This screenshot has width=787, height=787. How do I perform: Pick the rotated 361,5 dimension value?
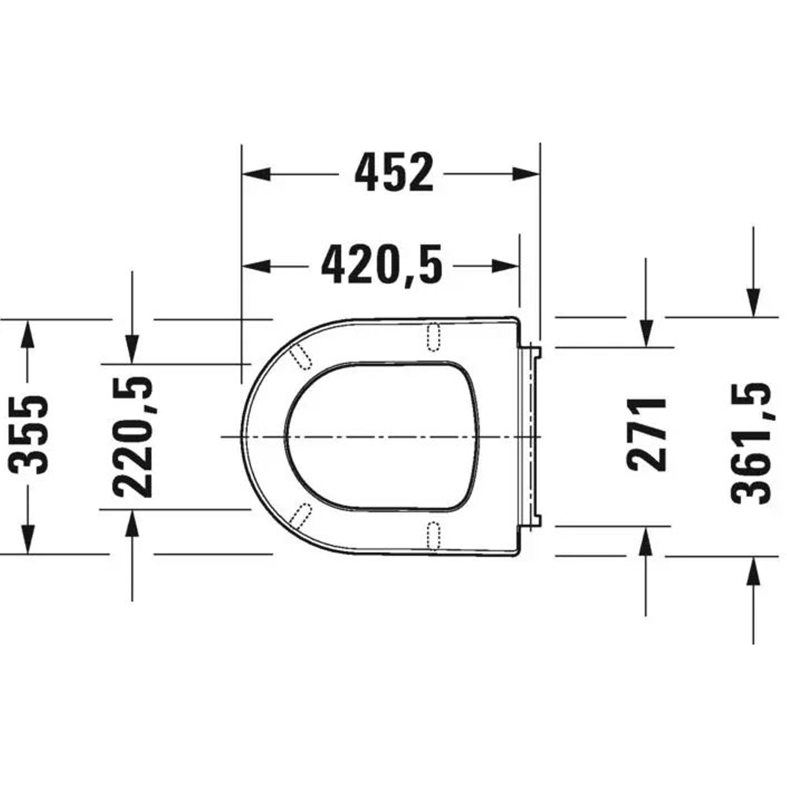pyautogui.click(x=752, y=443)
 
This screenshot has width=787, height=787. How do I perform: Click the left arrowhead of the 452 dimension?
pyautogui.click(x=256, y=174)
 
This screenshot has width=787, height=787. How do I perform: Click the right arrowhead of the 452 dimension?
pyautogui.click(x=526, y=174)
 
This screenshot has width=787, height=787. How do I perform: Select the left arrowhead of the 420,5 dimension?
pyautogui.click(x=256, y=266)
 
